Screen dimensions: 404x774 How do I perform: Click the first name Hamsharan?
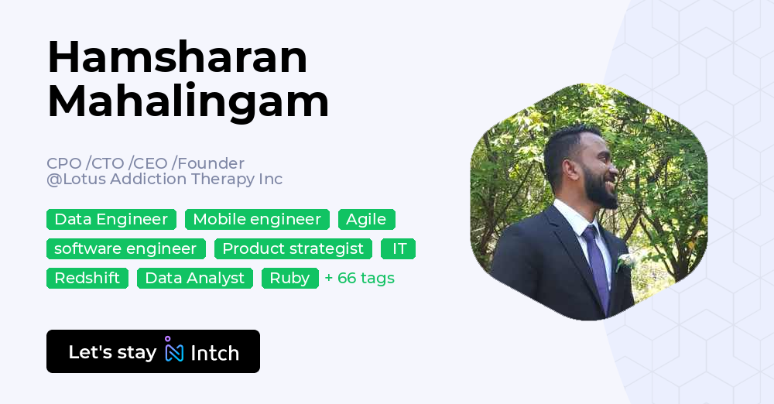(x=177, y=57)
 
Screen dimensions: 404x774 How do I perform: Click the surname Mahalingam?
(x=188, y=101)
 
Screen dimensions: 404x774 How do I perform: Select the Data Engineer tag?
(x=111, y=220)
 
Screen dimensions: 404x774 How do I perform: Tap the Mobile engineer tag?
(x=257, y=220)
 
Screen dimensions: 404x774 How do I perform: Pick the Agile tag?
(x=366, y=220)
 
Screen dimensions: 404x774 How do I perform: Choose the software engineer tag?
(x=125, y=249)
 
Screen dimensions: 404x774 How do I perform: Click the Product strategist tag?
(x=293, y=249)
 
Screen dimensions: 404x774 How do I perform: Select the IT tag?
(x=399, y=249)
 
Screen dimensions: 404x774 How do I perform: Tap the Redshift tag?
(x=87, y=279)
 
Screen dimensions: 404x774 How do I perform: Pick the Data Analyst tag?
(x=195, y=279)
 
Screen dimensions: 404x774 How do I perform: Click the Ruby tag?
(x=289, y=279)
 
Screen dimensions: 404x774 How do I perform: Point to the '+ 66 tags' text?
(x=360, y=279)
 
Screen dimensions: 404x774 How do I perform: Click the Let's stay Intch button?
(x=153, y=352)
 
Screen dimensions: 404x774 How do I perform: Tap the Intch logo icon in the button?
(x=174, y=351)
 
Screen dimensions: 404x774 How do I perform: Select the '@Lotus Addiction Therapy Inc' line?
(x=164, y=180)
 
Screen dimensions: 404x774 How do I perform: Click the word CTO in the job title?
(x=108, y=163)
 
